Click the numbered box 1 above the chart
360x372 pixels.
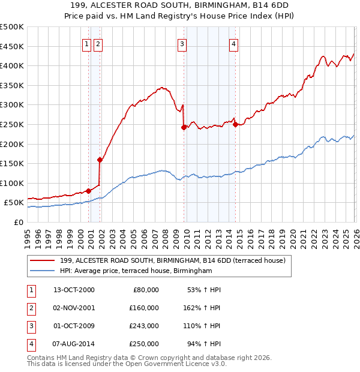87,43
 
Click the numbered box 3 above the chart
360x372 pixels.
181,43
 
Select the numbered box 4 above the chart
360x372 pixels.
233,43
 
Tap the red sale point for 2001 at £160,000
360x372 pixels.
100,160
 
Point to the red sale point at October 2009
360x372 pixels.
184,127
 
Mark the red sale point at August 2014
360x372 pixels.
235,124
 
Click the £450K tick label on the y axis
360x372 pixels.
12,46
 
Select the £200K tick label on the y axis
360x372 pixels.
12,144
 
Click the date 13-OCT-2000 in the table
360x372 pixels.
74,290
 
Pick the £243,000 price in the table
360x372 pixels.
144,328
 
